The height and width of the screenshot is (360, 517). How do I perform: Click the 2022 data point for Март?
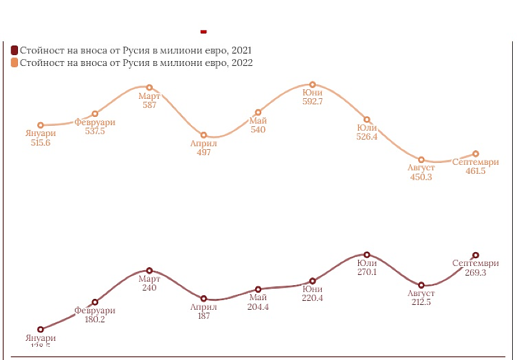[x=149, y=87]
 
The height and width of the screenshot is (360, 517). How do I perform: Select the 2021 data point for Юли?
[x=367, y=255]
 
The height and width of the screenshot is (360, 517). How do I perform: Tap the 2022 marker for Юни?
[x=313, y=84]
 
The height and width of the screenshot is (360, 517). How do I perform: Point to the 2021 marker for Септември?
[x=476, y=255]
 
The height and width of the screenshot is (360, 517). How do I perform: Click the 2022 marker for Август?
[x=421, y=159]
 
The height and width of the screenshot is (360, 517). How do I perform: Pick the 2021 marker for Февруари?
[x=95, y=302]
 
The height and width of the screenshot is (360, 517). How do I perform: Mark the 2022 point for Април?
[x=204, y=135]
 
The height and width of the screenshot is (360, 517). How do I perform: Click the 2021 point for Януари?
[x=41, y=329]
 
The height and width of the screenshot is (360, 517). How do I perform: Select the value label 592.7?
[x=313, y=102]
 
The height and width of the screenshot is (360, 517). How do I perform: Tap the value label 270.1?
[x=367, y=272]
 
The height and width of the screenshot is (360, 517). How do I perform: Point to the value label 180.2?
[x=95, y=319]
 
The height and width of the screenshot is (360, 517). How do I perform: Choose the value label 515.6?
[x=40, y=143]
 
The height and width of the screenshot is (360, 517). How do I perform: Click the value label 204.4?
[x=258, y=307]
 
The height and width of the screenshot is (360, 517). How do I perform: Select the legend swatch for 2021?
[x=14, y=50]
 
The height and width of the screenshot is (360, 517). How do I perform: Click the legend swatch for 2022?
[x=14, y=62]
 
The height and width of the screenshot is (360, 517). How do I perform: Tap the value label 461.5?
[x=475, y=171]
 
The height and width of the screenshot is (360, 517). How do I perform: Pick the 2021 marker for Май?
[x=258, y=290]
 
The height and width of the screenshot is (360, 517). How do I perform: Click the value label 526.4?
[x=367, y=137]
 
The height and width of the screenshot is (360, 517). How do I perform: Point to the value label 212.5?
[x=421, y=302]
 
